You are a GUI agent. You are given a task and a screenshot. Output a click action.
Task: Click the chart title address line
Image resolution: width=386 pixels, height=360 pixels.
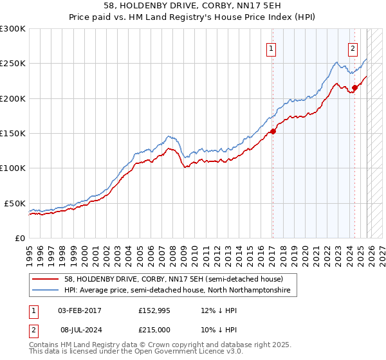point(192,5)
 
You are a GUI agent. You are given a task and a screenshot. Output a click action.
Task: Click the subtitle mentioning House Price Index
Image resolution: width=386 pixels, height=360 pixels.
point(192,16)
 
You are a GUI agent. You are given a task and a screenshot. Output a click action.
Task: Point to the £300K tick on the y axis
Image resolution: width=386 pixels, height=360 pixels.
point(13,29)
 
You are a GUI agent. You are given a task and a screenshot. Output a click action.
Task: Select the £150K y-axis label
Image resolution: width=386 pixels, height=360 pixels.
point(13,133)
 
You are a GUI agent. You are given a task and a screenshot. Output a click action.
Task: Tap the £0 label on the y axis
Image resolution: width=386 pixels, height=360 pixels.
point(19,238)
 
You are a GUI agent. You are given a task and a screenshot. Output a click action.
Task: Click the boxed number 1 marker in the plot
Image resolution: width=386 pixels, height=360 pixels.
point(271,49)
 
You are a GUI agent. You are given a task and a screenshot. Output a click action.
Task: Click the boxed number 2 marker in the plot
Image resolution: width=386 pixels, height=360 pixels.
point(353,49)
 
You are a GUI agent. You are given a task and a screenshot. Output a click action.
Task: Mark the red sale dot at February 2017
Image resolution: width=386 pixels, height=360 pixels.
point(272,131)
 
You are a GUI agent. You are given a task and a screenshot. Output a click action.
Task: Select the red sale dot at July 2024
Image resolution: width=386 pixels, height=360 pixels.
point(354,88)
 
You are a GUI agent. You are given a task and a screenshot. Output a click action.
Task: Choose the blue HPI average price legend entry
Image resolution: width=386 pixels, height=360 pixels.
point(177,291)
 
